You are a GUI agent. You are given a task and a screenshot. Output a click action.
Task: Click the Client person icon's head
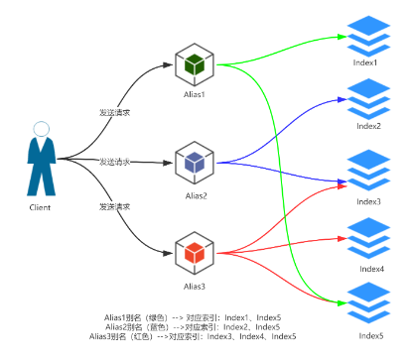(x=42, y=129)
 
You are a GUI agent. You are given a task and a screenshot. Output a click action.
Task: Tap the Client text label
(x=40, y=207)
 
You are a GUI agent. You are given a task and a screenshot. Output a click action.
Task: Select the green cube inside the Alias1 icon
(x=195, y=64)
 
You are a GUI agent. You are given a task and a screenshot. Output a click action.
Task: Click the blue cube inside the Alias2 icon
(x=195, y=163)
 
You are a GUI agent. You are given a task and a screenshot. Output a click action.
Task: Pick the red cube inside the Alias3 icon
(x=195, y=253)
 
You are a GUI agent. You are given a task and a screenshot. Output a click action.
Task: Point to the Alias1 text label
(x=195, y=94)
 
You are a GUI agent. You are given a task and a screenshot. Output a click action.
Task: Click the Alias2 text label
(x=197, y=196)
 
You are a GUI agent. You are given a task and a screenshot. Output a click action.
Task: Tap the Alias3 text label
(x=195, y=287)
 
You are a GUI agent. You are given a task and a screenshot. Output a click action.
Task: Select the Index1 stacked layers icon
(x=368, y=36)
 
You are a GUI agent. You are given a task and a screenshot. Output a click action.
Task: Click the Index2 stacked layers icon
(x=368, y=99)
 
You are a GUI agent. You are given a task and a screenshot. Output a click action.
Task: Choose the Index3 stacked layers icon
(x=368, y=171)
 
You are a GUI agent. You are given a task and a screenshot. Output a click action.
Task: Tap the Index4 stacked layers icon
(x=368, y=238)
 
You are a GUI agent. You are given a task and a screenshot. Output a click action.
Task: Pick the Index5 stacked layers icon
(x=368, y=302)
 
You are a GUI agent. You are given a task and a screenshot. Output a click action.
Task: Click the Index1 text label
(x=365, y=62)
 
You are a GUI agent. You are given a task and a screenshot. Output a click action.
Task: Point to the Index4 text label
(x=372, y=269)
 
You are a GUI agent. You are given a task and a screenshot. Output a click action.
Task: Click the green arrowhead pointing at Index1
(x=342, y=37)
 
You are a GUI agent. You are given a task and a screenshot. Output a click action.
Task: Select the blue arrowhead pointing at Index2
(x=343, y=99)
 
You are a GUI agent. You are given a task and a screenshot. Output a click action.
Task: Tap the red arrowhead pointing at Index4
(x=343, y=238)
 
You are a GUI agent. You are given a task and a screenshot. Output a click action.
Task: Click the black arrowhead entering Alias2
(x=168, y=163)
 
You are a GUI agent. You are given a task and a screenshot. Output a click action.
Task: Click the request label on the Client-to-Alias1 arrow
(x=115, y=112)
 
